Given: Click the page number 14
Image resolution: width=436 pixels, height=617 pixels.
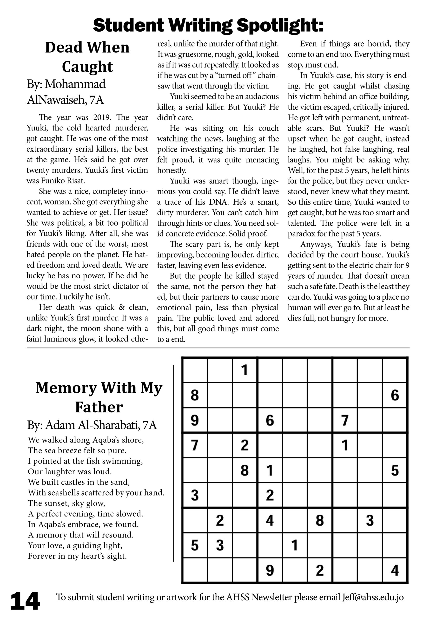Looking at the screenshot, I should point(25,601).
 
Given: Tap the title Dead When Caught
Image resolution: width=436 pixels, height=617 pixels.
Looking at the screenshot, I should point(87,57).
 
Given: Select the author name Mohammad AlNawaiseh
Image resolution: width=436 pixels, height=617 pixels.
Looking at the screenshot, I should point(66,92).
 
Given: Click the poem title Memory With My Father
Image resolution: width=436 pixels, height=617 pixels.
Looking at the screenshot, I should point(99,397).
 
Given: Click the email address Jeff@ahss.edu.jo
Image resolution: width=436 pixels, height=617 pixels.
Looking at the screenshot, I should point(373,597).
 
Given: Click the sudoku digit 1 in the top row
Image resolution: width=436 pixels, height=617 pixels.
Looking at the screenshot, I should point(244,370).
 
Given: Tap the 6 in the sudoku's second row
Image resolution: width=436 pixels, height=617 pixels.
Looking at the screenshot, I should point(395,395).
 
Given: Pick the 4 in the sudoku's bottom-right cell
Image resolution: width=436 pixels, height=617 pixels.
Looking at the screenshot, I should point(395,570).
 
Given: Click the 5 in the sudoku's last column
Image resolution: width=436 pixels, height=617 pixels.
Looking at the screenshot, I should point(395,470).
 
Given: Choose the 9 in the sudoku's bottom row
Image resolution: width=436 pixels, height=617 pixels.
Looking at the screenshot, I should point(270,570).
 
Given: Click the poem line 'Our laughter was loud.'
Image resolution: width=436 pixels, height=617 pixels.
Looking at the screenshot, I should point(70,472).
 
